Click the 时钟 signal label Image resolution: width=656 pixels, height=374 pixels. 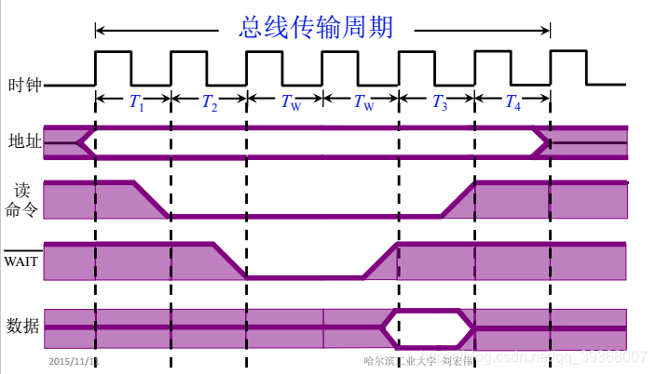point(23,86)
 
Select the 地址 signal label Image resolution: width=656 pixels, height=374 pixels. point(23,142)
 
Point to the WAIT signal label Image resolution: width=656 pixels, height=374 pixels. point(21,260)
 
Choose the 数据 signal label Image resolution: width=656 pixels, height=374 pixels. point(23,326)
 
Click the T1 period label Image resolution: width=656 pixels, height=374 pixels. point(134,103)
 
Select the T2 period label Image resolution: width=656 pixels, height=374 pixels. point(210,103)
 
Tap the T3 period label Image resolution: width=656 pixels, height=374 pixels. point(439,103)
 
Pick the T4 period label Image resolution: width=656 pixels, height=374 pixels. point(513,103)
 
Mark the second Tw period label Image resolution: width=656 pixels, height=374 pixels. point(363,103)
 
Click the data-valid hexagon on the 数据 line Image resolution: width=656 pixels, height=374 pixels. point(428,327)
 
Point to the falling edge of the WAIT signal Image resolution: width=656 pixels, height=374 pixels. point(230,260)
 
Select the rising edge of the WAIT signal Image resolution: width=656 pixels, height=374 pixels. point(380,260)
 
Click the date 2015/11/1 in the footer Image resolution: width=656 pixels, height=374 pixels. point(74,359)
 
